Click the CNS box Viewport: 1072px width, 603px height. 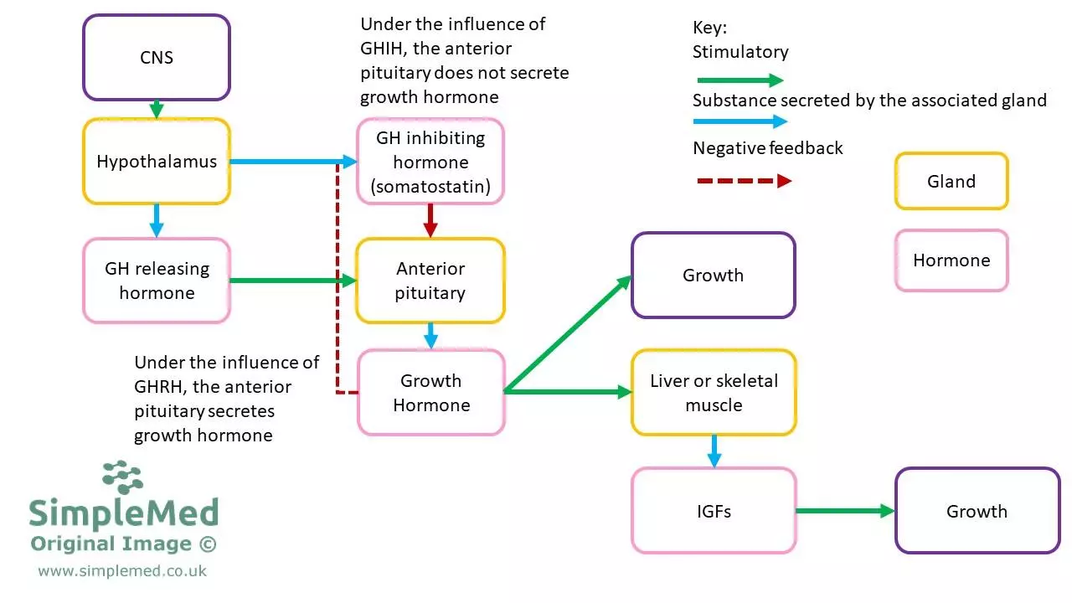156,58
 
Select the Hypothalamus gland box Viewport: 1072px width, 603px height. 156,162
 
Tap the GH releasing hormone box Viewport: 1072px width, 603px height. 156,281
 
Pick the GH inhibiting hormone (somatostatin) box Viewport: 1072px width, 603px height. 430,162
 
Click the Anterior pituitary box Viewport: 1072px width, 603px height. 430,281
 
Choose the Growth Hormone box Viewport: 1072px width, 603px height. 430,393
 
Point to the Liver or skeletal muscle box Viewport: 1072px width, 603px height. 714,393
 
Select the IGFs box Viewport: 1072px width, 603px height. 714,511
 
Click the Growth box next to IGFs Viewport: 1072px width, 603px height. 977,511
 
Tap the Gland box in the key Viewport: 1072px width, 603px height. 951,181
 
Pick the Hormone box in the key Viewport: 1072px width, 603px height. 951,260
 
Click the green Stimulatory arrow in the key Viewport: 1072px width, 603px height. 739,80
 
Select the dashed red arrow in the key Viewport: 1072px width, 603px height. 742,181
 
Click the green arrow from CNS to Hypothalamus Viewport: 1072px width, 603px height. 156,109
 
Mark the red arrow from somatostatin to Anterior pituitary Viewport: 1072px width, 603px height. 430,220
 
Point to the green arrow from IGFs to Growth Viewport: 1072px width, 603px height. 845,511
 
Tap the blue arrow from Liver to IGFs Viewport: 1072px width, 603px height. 714,451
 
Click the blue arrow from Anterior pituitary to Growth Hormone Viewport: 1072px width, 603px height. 430,336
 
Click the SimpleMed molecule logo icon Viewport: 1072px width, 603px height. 123,477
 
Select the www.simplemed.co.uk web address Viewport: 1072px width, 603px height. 122,571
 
